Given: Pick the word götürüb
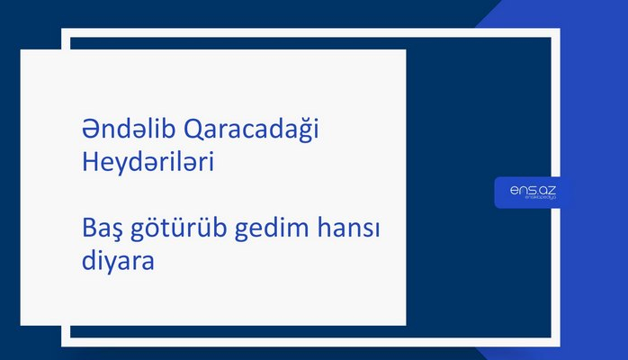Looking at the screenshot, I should tap(176, 232).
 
